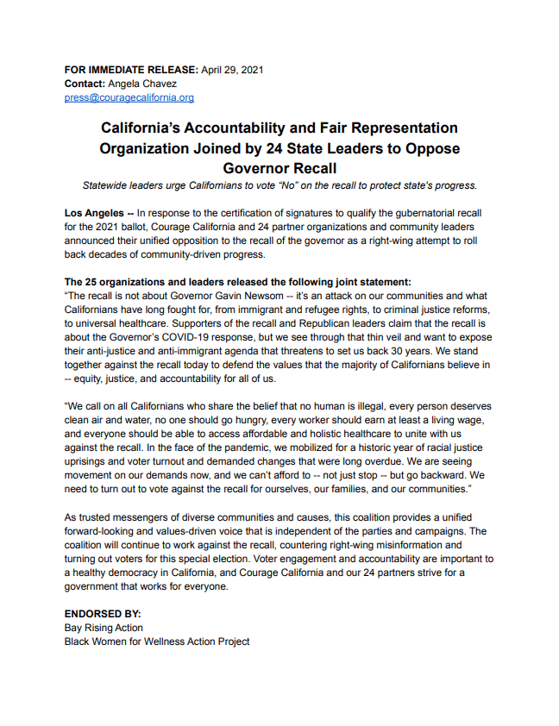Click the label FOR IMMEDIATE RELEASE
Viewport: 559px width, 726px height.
(x=131, y=69)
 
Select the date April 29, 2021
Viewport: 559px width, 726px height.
(x=232, y=69)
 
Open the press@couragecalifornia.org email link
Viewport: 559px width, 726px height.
(x=129, y=97)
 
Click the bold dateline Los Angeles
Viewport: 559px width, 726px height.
(x=94, y=212)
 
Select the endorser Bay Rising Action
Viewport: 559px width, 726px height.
(x=104, y=628)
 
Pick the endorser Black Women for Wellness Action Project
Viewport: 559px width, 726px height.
(x=157, y=642)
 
